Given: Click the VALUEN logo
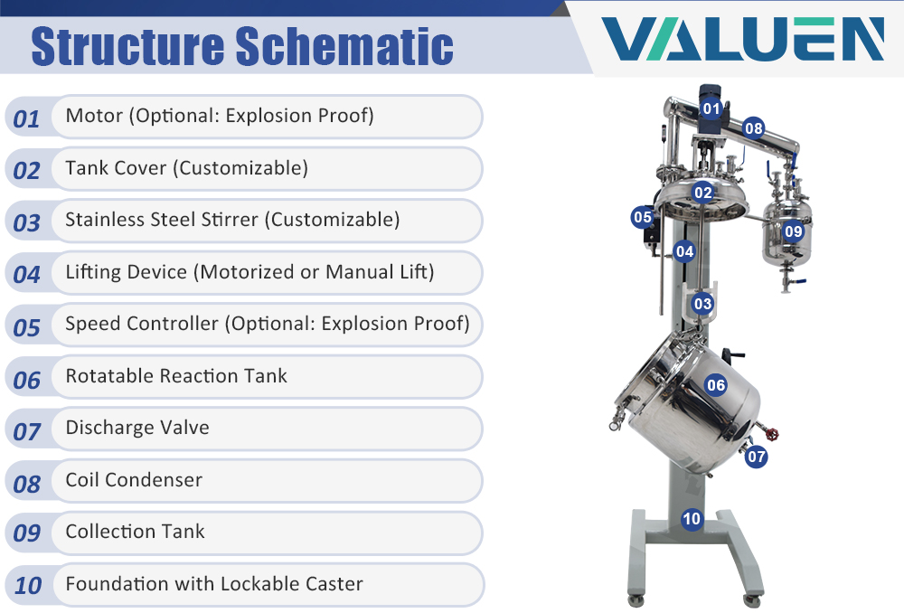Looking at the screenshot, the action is coord(742,39).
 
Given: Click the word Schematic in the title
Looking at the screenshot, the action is coord(344,45).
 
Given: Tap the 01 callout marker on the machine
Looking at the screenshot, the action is coord(711,108).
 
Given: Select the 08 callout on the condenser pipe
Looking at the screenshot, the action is coord(754,128).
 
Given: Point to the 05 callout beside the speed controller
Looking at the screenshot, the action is coord(642,217).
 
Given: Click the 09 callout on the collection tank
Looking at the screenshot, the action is coord(794,231).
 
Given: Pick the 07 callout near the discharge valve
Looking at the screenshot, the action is coord(757,457).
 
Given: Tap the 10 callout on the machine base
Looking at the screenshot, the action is coord(692,519).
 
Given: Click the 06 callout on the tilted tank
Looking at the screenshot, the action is coord(715,384).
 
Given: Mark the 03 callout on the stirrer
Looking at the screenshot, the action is coord(702,303).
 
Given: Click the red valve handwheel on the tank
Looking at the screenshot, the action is coord(772,433).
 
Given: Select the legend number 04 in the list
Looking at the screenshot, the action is coord(26,275).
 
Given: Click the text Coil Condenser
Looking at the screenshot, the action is coord(134,480).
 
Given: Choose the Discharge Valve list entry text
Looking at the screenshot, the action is coord(137,428).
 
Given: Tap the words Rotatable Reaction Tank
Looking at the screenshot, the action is coord(176,376).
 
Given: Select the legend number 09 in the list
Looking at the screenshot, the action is coord(26,533).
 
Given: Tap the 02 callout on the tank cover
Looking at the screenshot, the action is coord(702,192).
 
